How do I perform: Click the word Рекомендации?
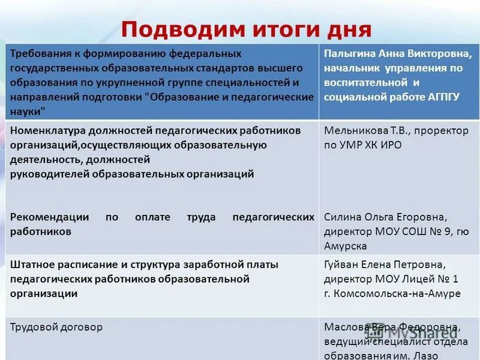49,217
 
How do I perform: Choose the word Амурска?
346,245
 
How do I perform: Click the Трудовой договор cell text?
56,327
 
